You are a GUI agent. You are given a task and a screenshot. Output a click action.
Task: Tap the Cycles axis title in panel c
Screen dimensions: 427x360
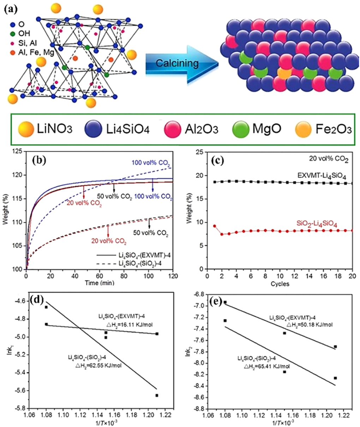point(281,283)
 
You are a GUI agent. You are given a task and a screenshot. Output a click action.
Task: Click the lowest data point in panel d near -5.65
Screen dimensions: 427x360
point(157,395)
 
